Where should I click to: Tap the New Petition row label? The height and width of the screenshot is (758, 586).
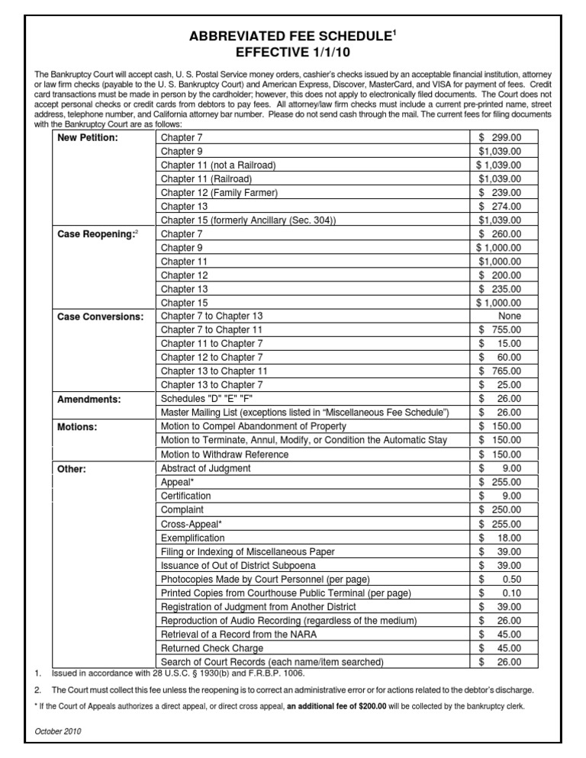tap(89, 138)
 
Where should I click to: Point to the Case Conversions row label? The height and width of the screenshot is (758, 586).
tap(100, 316)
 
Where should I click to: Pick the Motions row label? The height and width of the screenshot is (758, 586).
tap(77, 427)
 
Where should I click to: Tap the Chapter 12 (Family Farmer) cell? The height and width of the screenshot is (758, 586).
tap(219, 193)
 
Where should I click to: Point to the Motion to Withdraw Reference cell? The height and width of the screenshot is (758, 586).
tap(224, 454)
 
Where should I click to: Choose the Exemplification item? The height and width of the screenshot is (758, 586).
tap(193, 538)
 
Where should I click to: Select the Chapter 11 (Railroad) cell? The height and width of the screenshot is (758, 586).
tap(208, 179)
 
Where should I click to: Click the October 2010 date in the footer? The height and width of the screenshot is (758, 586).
tap(59, 731)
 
